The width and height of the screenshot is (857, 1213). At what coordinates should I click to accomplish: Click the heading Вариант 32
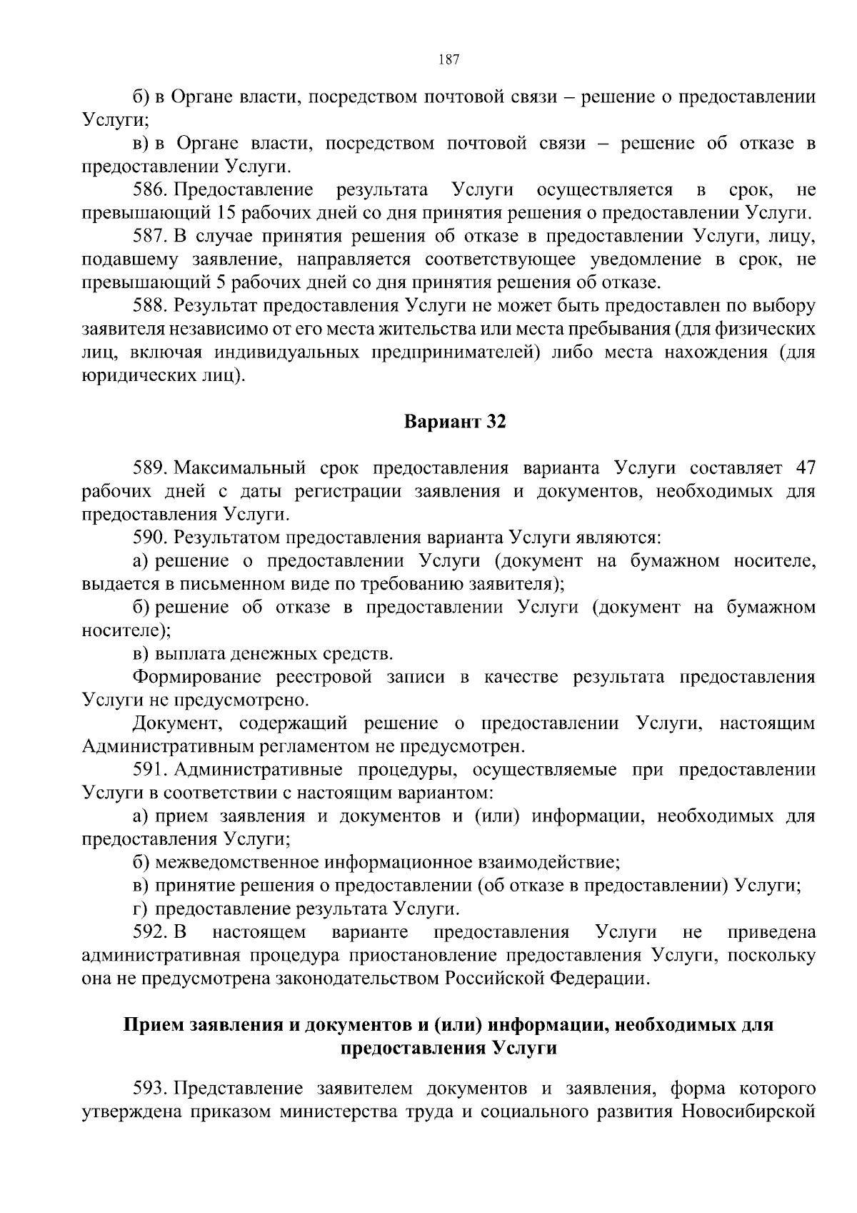tap(455, 422)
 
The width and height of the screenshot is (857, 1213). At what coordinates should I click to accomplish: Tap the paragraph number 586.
tap(150, 190)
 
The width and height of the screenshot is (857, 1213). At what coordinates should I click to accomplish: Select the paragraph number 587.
tap(150, 237)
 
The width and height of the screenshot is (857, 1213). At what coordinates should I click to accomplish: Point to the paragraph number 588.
tap(150, 306)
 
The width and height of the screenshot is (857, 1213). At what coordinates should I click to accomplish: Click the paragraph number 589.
tap(150, 468)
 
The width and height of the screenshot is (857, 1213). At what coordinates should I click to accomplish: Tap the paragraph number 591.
tap(150, 770)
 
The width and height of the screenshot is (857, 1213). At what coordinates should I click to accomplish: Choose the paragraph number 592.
tap(150, 932)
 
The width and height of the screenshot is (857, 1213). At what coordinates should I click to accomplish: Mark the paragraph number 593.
tap(150, 1089)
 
